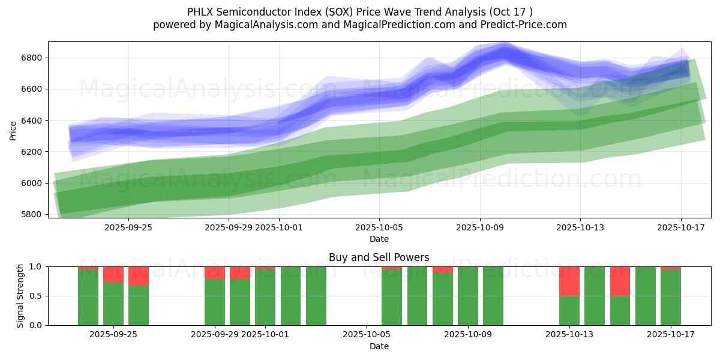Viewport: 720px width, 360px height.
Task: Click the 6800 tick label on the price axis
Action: tap(31, 58)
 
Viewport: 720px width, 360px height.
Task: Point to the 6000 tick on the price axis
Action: tap(31, 183)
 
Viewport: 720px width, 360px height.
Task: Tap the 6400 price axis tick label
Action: tap(31, 121)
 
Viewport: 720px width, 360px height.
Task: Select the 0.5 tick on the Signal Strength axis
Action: tap(37, 296)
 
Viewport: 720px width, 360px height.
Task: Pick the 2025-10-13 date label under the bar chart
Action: tap(569, 335)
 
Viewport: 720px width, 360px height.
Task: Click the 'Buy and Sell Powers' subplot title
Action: tap(379, 257)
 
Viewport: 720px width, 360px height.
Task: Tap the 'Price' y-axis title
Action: tap(13, 130)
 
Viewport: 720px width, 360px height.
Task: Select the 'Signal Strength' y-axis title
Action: tap(20, 296)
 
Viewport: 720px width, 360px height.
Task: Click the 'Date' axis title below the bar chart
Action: tap(379, 346)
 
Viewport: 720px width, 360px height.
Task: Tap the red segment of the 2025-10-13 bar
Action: tap(569, 281)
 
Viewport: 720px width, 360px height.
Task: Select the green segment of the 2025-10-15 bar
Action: tap(620, 311)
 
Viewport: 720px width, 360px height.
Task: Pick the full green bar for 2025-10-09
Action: tap(468, 296)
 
